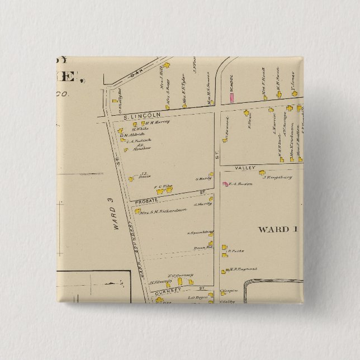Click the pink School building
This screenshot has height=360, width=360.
pyautogui.click(x=230, y=97)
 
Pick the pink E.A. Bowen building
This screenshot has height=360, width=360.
pyautogui.click(x=225, y=183)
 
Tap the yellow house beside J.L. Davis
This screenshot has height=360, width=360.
pyautogui.click(x=130, y=179)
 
